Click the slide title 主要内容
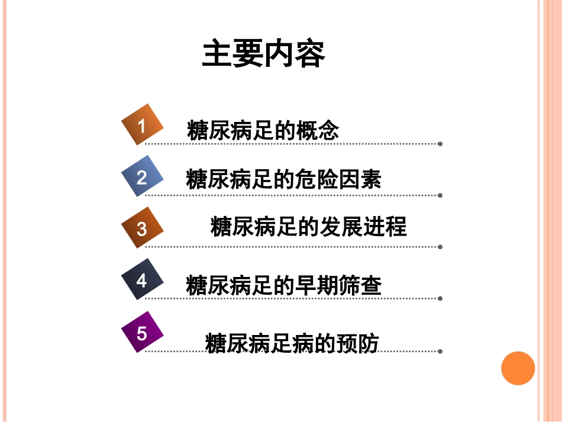[263, 54]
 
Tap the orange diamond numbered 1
[142, 125]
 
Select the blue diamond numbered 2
[142, 176]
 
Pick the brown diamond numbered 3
[142, 228]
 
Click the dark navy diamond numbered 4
[142, 279]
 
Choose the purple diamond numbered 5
[142, 333]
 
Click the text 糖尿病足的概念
[263, 130]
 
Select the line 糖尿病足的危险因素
[283, 179]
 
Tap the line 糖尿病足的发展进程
[308, 227]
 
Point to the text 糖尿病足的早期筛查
[283, 285]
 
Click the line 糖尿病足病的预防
[292, 343]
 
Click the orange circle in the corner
[518, 368]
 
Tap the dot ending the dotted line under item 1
[440, 144]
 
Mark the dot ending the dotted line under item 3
[440, 247]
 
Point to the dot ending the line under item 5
[440, 351]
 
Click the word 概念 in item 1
[319, 130]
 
